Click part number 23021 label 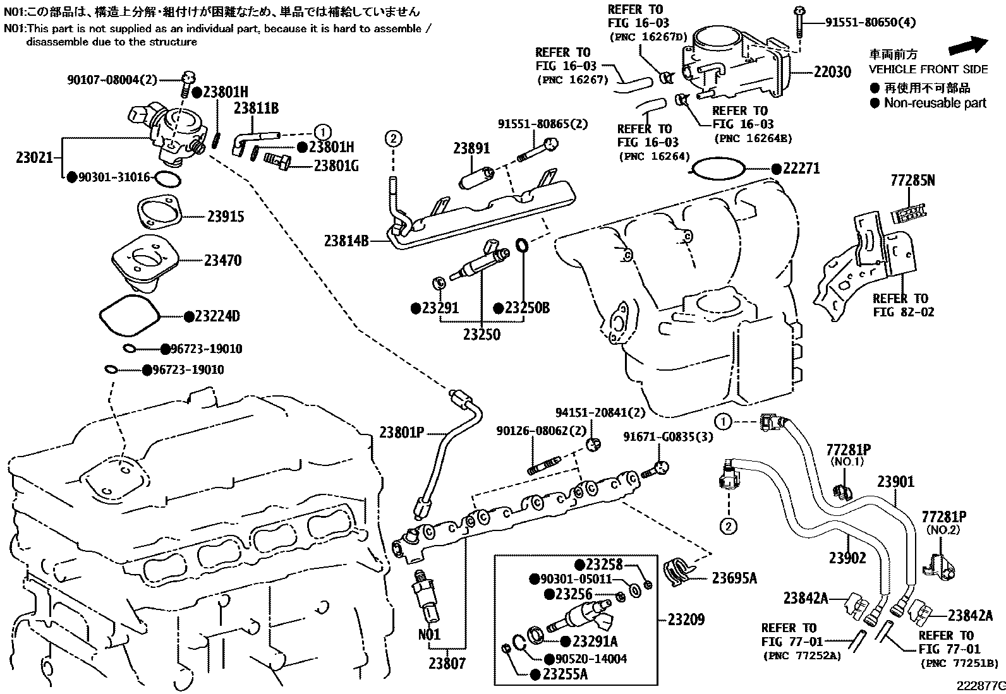point(34,158)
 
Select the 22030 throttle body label point(832,72)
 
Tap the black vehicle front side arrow point(968,45)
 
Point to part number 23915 point(226,217)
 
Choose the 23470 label point(223,260)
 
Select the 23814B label point(346,241)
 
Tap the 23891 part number point(471,148)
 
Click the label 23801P point(402,433)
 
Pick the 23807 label point(447,664)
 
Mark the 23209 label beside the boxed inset point(686,619)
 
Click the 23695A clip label point(734,578)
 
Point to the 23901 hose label point(896,482)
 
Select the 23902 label point(847,558)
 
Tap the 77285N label point(913,181)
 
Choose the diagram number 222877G point(981,686)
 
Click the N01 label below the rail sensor point(429,634)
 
